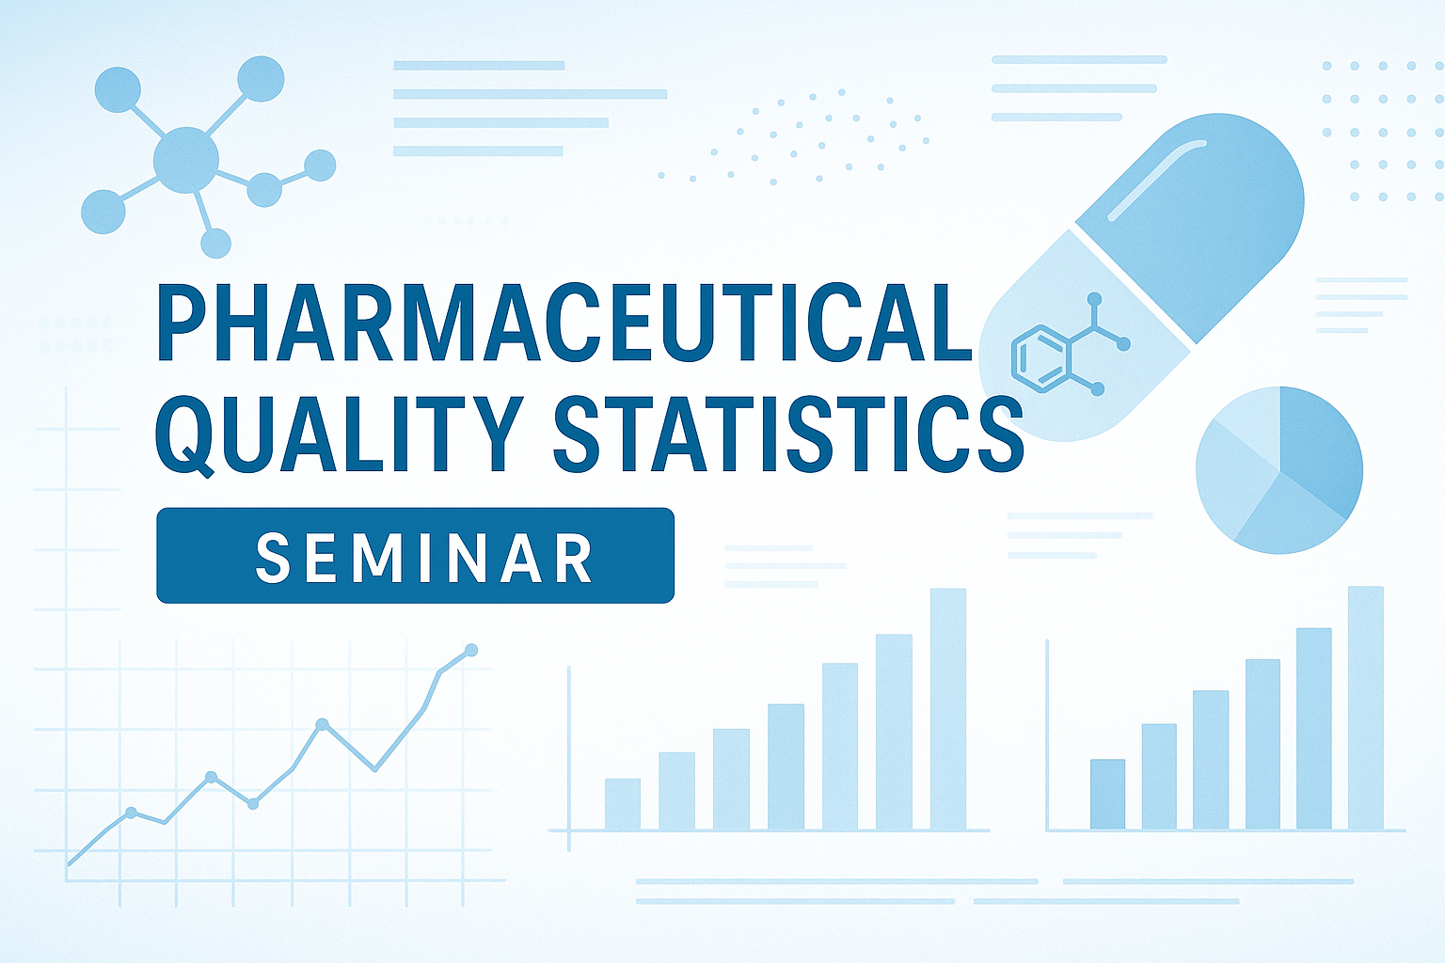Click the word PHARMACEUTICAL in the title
point(564,322)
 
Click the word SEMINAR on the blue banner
point(424,558)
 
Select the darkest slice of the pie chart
point(1319,451)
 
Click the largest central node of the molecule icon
point(185,160)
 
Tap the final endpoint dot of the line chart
point(471,650)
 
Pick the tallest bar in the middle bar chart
point(948,709)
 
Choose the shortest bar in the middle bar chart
point(623,804)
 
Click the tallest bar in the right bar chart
point(1366,707)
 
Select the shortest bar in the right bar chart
point(1107,794)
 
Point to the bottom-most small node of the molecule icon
point(215,244)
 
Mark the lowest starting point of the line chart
point(69,863)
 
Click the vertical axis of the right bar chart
point(1047,734)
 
